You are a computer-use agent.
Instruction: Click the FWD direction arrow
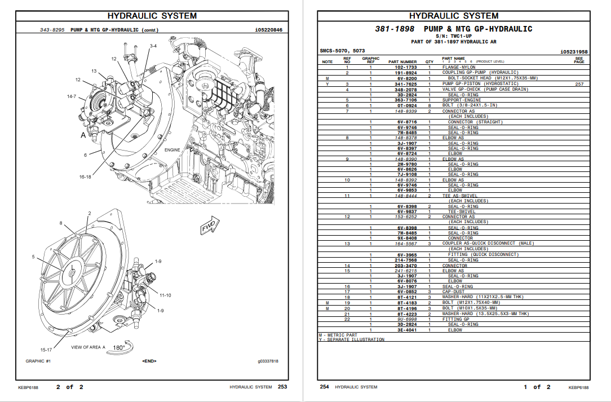[x=210, y=226]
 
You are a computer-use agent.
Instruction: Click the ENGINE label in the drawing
[x=172, y=150]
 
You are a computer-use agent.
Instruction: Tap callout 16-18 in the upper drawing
[x=85, y=176]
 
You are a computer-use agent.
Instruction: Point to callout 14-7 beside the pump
[x=72, y=96]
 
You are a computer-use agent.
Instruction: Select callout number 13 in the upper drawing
[x=94, y=71]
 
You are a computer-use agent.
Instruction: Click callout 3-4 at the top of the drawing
[x=153, y=46]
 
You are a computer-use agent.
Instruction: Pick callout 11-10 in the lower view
[x=165, y=295]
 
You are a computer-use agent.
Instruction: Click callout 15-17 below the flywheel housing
[x=46, y=350]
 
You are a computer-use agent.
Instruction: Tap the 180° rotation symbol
[x=120, y=347]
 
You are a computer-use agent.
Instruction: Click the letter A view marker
[x=83, y=135]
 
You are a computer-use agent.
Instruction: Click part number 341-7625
[x=406, y=84]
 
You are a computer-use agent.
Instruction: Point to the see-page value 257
[x=579, y=84]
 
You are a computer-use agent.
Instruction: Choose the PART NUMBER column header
[x=402, y=61]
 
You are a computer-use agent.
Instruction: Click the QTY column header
[x=430, y=61]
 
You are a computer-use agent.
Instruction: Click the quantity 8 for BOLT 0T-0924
[x=430, y=105]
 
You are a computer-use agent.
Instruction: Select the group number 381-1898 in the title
[x=395, y=29]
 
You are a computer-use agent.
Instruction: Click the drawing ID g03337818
[x=268, y=361]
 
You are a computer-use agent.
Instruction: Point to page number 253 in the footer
[x=282, y=387]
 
